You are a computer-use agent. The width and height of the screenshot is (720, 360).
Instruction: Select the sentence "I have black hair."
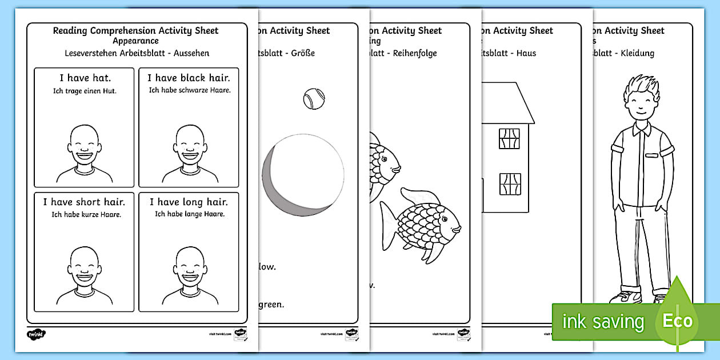189,78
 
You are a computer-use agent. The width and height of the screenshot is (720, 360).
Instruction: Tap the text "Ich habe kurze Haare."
84,214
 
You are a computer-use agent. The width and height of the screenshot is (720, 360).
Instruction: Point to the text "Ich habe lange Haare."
190,214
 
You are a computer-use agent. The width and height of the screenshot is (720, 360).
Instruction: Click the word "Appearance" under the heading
135,41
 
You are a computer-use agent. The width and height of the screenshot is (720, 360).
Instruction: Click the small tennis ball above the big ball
313,98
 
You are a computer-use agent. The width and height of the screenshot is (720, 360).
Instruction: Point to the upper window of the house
509,138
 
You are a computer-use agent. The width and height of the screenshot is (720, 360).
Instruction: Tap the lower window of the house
510,184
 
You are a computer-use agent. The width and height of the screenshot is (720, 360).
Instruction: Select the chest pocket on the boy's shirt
653,154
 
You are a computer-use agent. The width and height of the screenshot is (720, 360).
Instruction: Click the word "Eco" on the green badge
678,320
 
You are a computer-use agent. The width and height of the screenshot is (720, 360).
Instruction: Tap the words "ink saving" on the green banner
603,322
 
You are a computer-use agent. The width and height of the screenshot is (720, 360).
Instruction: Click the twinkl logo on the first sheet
36,334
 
